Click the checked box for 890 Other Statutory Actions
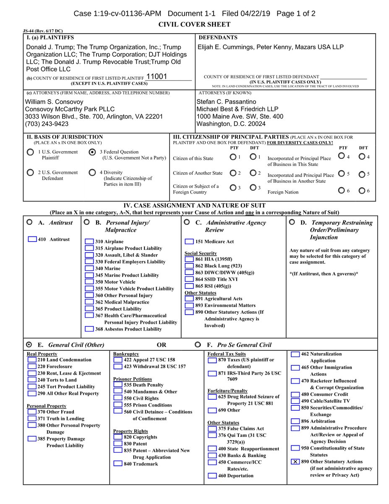click(295, 462)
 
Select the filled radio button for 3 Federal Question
click(92, 152)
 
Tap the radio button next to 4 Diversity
click(92, 173)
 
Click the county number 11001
click(157, 76)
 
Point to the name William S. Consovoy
click(54, 102)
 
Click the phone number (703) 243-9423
click(47, 124)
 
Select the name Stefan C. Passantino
click(226, 102)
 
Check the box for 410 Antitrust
click(32, 239)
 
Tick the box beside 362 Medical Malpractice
click(89, 302)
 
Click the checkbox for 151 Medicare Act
click(189, 241)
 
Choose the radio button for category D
click(292, 222)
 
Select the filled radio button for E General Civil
click(29, 344)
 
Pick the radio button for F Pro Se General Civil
click(198, 344)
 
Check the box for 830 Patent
click(118, 444)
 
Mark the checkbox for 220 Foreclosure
click(32, 366)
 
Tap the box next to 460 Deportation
click(212, 476)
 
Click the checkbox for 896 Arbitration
click(295, 421)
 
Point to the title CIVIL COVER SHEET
click(194, 25)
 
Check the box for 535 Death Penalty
click(118, 385)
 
